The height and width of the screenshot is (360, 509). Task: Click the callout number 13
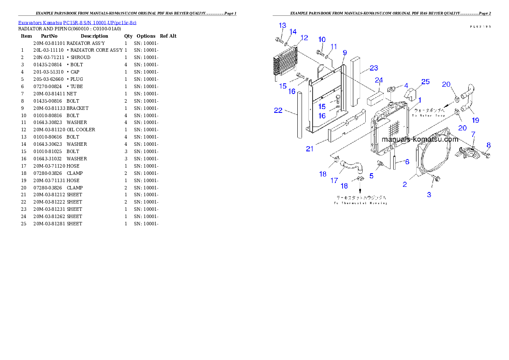[x=282, y=26]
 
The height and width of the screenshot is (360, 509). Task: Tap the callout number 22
[x=278, y=110]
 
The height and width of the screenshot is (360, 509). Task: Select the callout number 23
[x=374, y=68]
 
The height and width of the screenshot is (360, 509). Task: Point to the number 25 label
[x=425, y=82]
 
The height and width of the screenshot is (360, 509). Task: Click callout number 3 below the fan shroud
[x=429, y=195]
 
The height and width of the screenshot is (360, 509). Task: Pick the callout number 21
[x=310, y=149]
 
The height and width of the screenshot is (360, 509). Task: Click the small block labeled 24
[x=374, y=97]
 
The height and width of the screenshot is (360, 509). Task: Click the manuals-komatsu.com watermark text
[x=420, y=139]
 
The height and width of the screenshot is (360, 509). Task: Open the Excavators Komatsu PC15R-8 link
[x=77, y=23]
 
